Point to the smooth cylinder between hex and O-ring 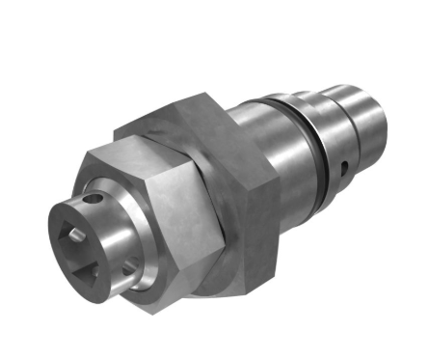(x=280, y=154)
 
